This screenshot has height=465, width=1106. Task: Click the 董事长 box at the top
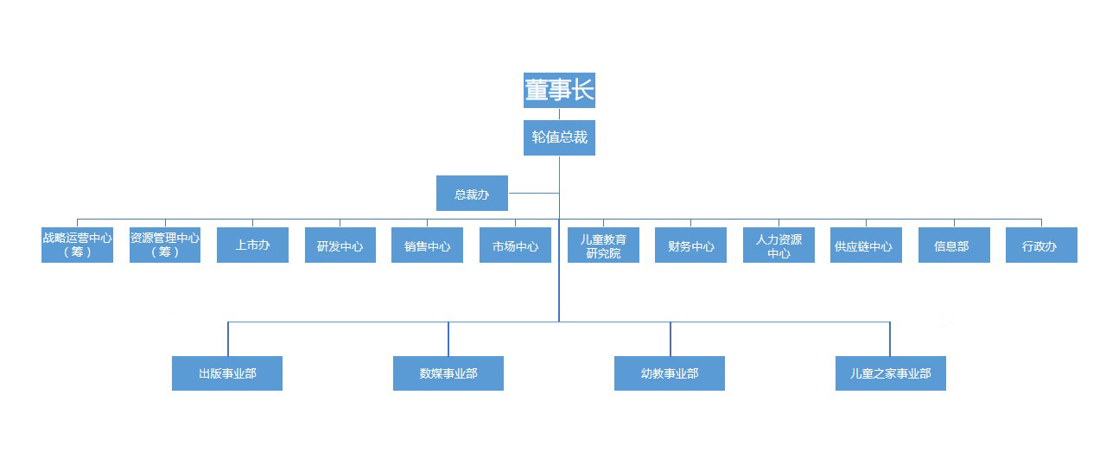(559, 90)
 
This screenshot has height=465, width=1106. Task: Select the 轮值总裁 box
(559, 137)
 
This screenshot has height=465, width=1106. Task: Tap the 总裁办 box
(472, 194)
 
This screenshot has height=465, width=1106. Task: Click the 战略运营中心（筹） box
(77, 245)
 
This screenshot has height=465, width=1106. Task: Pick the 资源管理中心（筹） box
(165, 245)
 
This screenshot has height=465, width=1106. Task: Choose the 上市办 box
(252, 245)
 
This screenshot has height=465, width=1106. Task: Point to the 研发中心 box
(340, 245)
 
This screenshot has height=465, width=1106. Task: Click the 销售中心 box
(427, 245)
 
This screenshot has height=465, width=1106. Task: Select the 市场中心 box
(515, 245)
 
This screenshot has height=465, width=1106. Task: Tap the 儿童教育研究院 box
(603, 245)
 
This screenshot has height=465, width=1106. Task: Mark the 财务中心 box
(690, 245)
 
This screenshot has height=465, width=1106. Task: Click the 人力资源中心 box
(779, 245)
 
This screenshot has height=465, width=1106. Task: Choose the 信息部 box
(954, 245)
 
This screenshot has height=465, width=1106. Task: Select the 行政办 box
(1041, 245)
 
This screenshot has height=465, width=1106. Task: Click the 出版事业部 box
(227, 373)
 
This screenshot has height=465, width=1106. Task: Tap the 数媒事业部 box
(448, 373)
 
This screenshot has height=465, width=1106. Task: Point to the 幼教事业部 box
(670, 373)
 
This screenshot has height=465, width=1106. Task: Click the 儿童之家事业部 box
(890, 373)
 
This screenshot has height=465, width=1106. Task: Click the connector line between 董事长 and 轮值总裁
(559, 114)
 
